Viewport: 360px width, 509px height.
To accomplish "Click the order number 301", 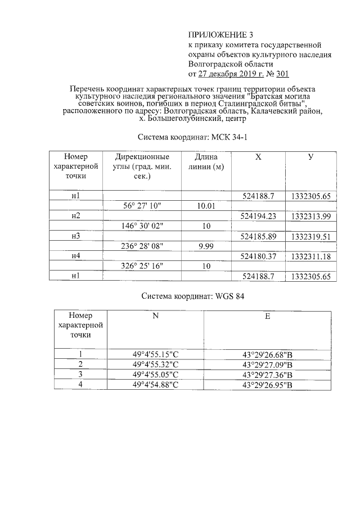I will (281, 74).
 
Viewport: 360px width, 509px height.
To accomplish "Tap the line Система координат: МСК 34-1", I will (192, 137).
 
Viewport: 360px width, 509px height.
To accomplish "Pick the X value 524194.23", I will (258, 216).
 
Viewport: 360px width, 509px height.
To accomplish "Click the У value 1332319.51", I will (310, 237).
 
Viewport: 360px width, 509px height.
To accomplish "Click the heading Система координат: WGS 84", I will (192, 295).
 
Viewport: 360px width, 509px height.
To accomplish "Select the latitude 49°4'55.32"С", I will (155, 364).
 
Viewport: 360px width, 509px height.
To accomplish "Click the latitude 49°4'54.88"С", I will (155, 385).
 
